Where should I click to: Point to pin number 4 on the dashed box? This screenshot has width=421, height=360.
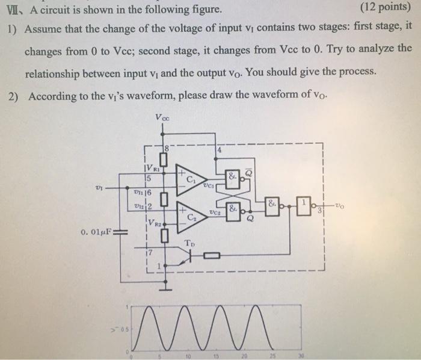click(x=220, y=150)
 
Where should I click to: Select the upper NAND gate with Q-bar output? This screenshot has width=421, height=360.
click(x=232, y=177)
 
